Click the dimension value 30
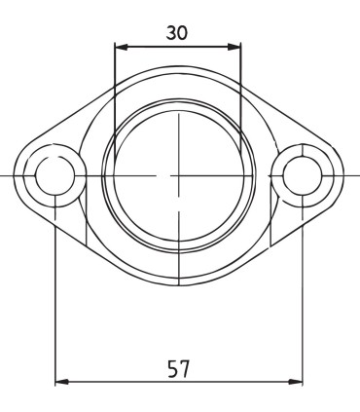tap(176, 31)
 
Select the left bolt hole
tap(55, 175)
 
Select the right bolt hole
tap(303, 175)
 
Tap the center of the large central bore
tap(179, 175)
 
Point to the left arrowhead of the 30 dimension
tap(120, 45)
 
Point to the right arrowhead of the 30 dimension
tap(235, 45)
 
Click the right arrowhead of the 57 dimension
tap(298, 382)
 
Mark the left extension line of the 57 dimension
tap(55, 292)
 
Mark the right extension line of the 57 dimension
tap(303, 292)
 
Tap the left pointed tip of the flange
tap(18, 175)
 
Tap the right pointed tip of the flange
tap(341, 175)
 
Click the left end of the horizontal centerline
tap(3, 175)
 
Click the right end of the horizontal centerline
tap(356, 175)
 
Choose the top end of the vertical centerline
tap(179, 64)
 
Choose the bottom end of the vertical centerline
tap(179, 286)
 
